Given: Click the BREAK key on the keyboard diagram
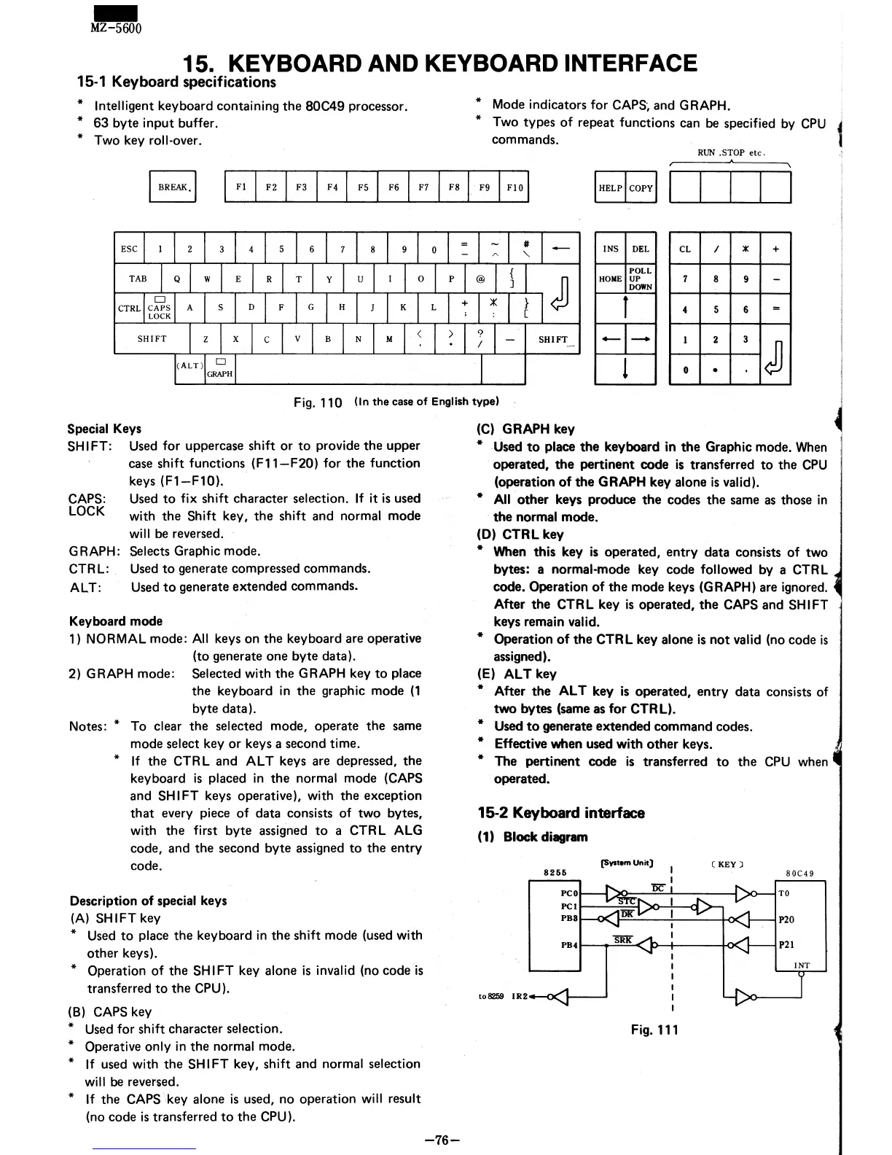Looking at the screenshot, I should pyautogui.click(x=173, y=187).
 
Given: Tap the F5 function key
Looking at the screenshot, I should pyautogui.click(x=362, y=187).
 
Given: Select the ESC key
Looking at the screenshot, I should pyautogui.click(x=129, y=249).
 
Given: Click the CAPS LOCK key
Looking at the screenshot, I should pyautogui.click(x=160, y=308).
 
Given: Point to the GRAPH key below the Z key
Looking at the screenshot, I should pyautogui.click(x=220, y=369).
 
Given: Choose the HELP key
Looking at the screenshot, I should pyautogui.click(x=610, y=188).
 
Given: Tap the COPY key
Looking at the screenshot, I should pyautogui.click(x=641, y=188).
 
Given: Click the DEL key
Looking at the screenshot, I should pyautogui.click(x=641, y=249).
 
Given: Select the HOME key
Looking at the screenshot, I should pyautogui.click(x=610, y=279).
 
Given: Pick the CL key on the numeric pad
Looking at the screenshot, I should pyautogui.click(x=684, y=249).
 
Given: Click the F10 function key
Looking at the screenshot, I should pyautogui.click(x=515, y=187).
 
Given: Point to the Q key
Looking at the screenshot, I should pyautogui.click(x=176, y=279).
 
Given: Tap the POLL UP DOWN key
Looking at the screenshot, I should pyautogui.click(x=641, y=279).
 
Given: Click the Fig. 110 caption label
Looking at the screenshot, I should pyautogui.click(x=318, y=402).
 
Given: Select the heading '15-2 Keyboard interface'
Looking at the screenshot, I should pyautogui.click(x=561, y=813).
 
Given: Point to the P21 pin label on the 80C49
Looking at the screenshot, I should pyautogui.click(x=786, y=945).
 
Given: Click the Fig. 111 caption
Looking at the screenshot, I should pyautogui.click(x=654, y=1030).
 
